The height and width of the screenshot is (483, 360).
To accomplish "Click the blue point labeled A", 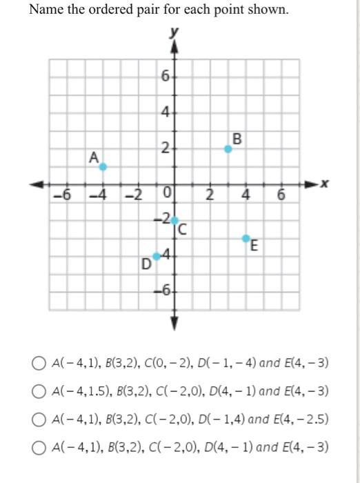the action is [103, 166].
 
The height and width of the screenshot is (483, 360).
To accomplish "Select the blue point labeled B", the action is [228, 148].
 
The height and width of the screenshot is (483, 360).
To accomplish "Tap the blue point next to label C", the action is [174, 221].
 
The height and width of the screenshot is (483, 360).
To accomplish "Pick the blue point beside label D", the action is [157, 257].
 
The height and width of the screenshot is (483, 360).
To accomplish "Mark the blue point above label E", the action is [246, 238].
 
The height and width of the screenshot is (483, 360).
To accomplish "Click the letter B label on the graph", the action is [238, 138].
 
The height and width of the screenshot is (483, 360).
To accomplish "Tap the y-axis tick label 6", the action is [165, 76].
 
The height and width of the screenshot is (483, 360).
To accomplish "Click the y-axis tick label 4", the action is [165, 112].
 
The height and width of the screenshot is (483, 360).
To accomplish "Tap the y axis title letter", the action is [174, 32].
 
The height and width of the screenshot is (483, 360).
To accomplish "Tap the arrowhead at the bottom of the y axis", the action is [174, 322].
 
